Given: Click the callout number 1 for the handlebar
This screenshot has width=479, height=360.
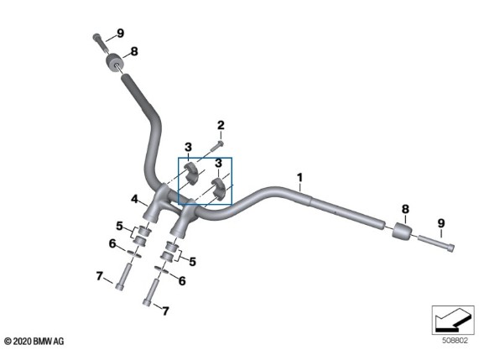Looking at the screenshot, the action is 299,177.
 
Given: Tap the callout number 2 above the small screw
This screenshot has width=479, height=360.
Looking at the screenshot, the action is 221,125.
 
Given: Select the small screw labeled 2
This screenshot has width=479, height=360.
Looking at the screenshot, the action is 216,146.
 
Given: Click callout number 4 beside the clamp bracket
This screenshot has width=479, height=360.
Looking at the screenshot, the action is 134,199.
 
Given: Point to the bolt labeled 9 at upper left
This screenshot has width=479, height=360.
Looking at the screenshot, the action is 101,44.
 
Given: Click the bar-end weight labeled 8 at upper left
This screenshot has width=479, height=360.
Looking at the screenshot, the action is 114,63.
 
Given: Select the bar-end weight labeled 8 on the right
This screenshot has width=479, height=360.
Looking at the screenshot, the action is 402,232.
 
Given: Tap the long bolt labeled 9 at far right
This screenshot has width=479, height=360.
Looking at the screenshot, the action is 436,243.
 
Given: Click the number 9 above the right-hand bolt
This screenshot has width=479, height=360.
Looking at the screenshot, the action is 441,223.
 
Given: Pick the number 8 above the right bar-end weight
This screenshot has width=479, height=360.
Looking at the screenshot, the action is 405,209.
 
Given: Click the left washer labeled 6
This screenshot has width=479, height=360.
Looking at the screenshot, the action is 133,253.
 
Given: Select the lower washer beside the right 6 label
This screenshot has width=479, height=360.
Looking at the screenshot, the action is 162,269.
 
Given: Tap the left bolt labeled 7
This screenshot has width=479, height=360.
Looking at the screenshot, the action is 122,277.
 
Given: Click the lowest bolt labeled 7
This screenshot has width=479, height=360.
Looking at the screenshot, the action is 151,292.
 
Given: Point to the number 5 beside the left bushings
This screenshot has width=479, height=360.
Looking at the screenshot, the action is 119,226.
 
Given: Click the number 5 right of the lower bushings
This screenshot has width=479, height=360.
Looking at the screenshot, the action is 192,262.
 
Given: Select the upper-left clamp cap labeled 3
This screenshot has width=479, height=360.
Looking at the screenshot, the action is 190,173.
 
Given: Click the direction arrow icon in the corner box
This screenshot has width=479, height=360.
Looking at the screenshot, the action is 452,320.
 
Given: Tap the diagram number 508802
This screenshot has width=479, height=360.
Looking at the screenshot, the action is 455,341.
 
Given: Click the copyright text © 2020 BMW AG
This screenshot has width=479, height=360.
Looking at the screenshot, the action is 34,341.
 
